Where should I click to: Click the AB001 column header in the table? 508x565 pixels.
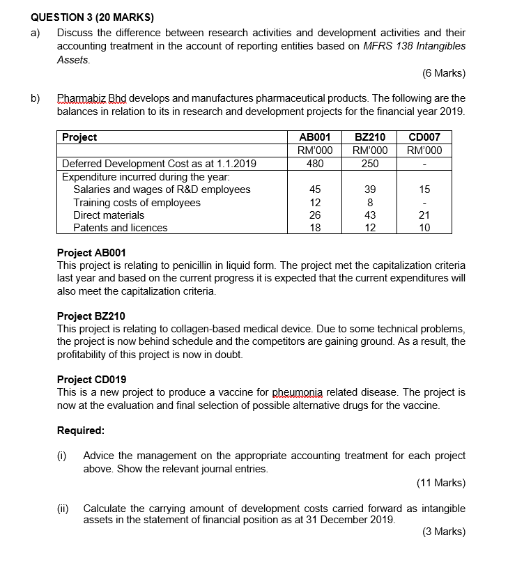pos(314,137)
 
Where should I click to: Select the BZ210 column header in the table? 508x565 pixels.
pos(370,137)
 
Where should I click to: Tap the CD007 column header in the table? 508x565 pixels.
pos(424,137)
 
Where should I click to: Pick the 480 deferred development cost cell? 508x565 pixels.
pos(315,164)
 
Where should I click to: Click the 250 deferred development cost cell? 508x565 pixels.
pos(370,164)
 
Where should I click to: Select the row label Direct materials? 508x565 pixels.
pos(109,215)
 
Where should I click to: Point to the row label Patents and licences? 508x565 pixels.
pos(121,228)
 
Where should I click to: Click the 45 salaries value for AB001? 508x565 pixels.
pos(315,189)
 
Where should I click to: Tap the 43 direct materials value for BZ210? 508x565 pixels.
pos(370,215)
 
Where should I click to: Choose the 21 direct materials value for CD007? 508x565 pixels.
pos(424,215)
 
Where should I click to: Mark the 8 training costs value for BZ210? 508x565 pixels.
pos(370,203)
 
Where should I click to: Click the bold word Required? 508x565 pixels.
pos(80,430)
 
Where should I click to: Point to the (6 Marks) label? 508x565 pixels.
pos(444,74)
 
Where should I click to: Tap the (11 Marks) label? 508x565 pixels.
pos(441,482)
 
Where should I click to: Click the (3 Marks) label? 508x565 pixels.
pos(444,532)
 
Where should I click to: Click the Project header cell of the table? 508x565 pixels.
pos(79,137)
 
